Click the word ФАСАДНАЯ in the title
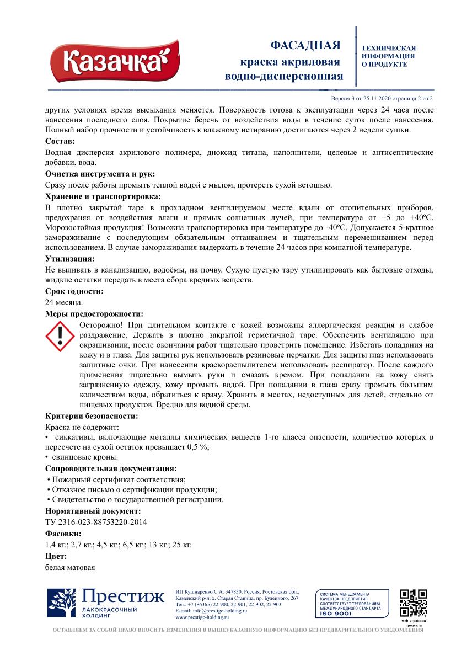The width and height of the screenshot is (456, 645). [305, 45]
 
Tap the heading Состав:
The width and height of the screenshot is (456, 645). [63, 142]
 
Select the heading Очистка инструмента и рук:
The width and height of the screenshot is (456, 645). [100, 174]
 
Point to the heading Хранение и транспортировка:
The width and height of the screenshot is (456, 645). [103, 196]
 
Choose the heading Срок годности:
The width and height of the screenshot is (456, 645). [74, 291]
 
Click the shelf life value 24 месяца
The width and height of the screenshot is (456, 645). [63, 302]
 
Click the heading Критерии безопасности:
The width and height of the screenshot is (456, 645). [92, 416]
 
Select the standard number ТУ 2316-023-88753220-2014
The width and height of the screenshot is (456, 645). [96, 522]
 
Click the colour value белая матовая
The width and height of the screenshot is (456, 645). [70, 567]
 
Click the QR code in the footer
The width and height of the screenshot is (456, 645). [414, 603]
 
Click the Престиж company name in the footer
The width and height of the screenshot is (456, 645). [124, 597]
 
